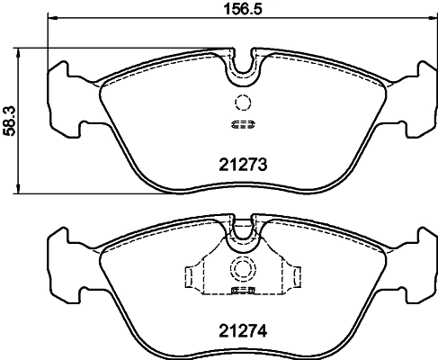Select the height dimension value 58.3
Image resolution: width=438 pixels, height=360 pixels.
[x=9, y=119]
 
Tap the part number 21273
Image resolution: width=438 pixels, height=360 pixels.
[x=240, y=164]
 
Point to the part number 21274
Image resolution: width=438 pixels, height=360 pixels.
[x=240, y=330]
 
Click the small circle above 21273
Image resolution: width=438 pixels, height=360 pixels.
[x=240, y=102]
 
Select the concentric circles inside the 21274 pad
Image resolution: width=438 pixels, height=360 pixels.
[x=240, y=268]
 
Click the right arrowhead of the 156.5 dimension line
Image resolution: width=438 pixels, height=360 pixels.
[x=432, y=21]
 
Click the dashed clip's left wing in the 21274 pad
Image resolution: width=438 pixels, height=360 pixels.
[x=191, y=274]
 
